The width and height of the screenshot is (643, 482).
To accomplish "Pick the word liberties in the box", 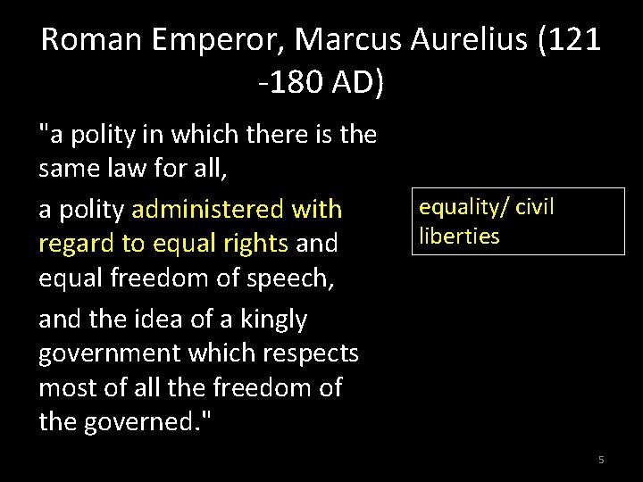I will (x=459, y=237).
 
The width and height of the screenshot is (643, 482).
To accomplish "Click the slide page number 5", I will (x=601, y=460).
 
